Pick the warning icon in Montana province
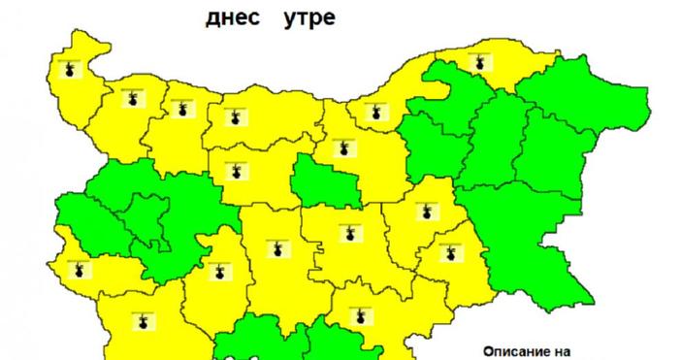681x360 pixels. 131,96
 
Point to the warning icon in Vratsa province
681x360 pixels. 179,110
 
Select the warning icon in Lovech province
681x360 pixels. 233,173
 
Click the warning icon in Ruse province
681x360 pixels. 375,112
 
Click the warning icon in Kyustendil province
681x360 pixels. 81,269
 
